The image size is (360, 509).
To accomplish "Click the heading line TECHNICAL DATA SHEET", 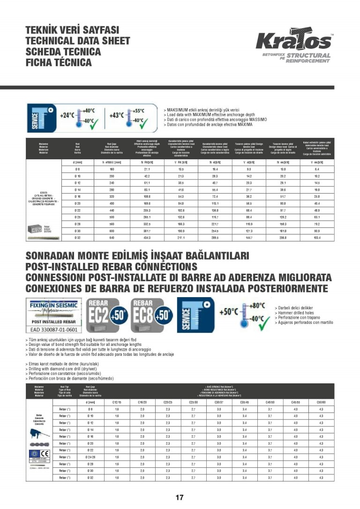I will pos(77,41).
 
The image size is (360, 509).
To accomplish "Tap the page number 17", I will pos(180,498).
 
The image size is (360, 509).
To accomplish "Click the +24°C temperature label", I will pos(67,115).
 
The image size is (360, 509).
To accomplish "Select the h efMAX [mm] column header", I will pos(112,162).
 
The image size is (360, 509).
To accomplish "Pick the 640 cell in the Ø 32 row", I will pos(112,239).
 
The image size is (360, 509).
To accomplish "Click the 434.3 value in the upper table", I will pos(147,239).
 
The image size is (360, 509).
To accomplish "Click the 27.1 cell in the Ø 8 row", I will pos(147,169).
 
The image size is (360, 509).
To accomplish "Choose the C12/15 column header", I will pos(117,402).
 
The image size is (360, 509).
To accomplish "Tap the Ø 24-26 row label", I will pos(91,457).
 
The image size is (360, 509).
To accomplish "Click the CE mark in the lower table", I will pos(44,454).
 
